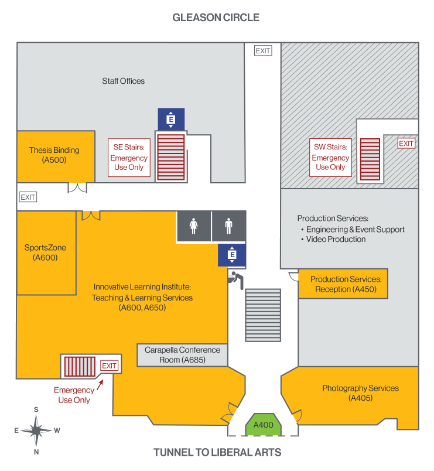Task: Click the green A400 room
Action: (263, 425)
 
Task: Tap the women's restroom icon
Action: (194, 226)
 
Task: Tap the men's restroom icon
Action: (229, 226)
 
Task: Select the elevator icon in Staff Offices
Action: (171, 120)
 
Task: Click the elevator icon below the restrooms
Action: (232, 255)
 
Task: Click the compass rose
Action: (36, 431)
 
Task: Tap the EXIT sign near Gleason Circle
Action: (263, 50)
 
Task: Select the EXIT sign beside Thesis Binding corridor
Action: (28, 197)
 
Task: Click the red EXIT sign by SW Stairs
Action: (406, 144)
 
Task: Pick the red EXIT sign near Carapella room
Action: (110, 366)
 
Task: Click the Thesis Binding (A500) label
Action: (54, 155)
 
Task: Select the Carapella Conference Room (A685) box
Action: (182, 355)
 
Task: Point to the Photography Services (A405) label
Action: (360, 392)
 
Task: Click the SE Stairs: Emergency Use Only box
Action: (129, 158)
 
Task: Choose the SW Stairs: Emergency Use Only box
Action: (330, 158)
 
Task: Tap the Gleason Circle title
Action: (216, 18)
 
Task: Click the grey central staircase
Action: (264, 315)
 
